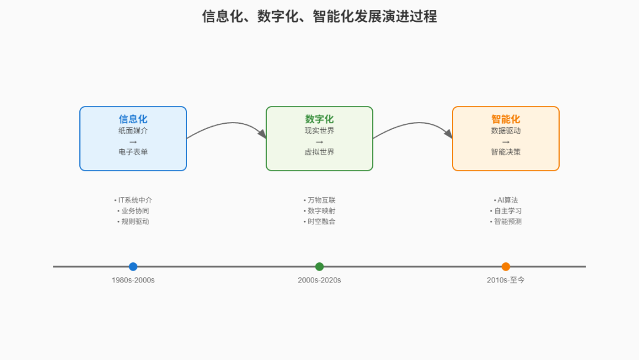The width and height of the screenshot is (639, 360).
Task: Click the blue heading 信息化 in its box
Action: (133, 119)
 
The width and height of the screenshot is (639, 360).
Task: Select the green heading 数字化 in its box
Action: (319, 119)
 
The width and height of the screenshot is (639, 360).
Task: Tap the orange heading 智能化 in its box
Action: (506, 119)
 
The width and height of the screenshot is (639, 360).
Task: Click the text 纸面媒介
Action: (133, 130)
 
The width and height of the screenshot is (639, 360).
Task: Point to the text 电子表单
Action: (133, 152)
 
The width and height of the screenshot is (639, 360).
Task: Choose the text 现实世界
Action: (319, 130)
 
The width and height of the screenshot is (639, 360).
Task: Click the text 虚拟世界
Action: (319, 152)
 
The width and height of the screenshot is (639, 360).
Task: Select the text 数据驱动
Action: (506, 130)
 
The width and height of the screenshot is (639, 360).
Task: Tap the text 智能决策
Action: (506, 152)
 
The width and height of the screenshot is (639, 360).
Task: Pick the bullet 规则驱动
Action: (133, 221)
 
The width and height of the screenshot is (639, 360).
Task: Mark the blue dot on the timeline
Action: (133, 266)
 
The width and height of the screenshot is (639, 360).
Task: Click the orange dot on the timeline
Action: (506, 266)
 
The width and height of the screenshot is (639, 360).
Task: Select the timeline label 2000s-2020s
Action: (319, 280)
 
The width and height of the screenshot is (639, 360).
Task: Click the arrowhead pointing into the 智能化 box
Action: (448, 134)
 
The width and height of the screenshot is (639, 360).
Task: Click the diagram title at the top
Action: (319, 17)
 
